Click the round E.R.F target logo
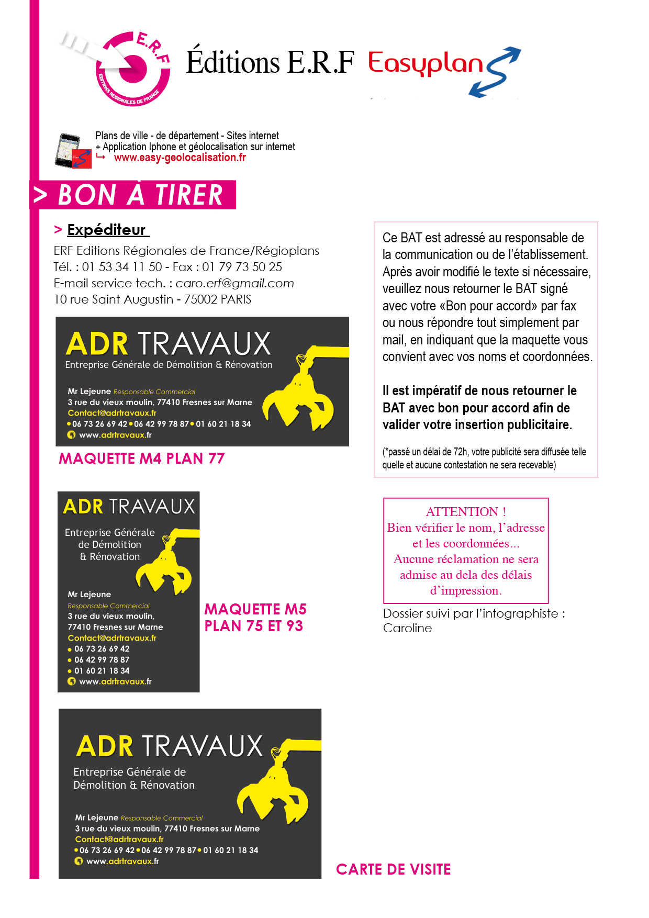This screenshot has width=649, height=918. pos(133,69)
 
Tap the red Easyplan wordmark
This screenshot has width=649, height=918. pos(425,64)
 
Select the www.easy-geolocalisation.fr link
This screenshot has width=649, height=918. pos(180,158)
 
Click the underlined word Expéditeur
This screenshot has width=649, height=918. pos(107,230)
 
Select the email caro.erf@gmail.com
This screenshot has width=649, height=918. pos(234,283)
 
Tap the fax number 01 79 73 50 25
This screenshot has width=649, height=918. pos(242,267)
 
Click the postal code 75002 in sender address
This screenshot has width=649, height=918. pos(199,299)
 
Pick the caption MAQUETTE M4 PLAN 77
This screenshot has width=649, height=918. pos(141,458)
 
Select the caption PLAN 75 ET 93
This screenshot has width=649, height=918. pos(253,626)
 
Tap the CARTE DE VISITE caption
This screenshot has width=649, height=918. pos(393,869)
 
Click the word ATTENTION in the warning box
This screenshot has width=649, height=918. pos(462,511)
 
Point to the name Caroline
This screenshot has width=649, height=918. pos(407,628)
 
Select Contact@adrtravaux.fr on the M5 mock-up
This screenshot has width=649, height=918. pos(112,638)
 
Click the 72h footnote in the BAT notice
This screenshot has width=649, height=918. pos(484,458)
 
